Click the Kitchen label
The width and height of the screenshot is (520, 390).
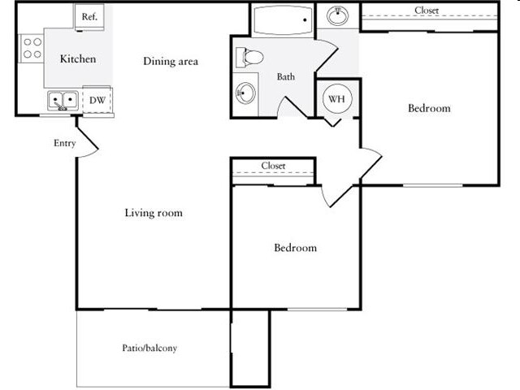78,59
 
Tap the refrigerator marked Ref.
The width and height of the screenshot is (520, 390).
89,17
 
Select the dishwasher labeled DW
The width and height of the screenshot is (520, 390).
97,100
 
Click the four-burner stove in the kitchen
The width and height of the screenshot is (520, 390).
32,48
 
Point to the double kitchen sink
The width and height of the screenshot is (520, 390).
63,101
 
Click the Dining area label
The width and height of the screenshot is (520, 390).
171,62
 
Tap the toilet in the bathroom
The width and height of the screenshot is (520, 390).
249,58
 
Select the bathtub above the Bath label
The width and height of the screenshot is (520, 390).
283,19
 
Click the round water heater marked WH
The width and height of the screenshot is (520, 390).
336,99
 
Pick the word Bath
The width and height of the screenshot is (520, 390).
286,76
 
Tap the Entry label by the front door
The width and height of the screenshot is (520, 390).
65,143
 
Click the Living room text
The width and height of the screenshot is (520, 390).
154,213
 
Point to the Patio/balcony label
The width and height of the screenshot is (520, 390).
149,348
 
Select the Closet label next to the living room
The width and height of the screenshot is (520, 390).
273,166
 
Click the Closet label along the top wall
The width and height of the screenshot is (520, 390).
427,11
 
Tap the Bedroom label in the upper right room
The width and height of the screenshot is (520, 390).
429,108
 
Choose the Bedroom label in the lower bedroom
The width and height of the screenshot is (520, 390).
295,248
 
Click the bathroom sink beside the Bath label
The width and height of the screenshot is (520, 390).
245,93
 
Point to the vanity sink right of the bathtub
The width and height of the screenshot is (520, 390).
338,15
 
